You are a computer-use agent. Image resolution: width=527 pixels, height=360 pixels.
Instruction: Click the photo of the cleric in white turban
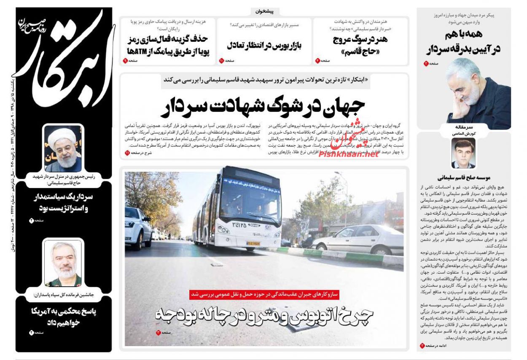63,148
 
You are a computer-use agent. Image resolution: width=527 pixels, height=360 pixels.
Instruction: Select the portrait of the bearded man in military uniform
63,263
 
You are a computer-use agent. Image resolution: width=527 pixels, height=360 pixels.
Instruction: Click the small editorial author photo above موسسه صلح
463,153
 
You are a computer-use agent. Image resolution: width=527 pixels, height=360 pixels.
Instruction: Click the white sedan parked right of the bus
358,239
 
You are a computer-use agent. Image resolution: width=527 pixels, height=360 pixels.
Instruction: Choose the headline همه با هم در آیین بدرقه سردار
463,41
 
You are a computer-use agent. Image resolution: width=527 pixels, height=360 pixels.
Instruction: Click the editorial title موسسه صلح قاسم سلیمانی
463,177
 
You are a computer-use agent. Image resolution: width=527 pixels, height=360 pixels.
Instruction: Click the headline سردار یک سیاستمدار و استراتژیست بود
63,203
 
